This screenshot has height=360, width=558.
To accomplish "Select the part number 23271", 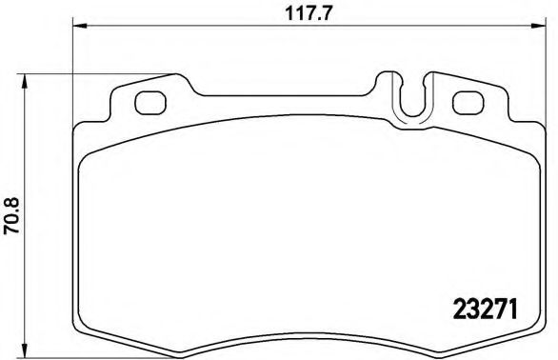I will coord(482,310).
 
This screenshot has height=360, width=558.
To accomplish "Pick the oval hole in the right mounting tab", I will coord(467,102).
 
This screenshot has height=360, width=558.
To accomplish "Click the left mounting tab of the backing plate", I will coord(143,100).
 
